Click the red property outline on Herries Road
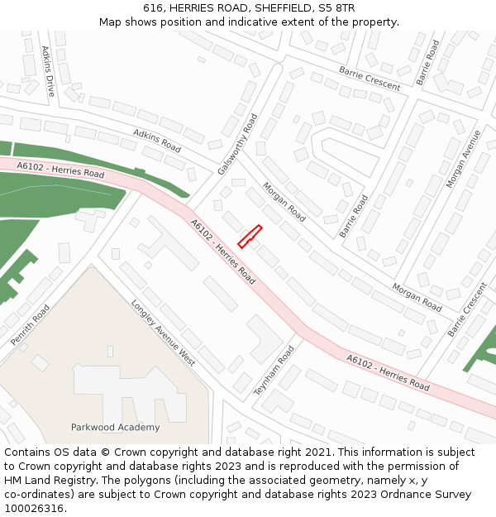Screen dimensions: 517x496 250,236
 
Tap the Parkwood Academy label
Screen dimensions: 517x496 115,427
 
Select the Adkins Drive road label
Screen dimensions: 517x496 48,71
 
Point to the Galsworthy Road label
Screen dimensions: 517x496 238,144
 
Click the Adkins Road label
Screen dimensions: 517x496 157,141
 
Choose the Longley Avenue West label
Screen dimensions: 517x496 164,333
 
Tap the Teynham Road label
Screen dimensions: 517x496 274,370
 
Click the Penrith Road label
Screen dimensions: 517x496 31,324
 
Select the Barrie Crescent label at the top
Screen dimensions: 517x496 370,79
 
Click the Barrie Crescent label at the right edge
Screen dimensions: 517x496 468,309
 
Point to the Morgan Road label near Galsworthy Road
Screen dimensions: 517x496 284,202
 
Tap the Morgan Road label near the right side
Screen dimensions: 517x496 417,297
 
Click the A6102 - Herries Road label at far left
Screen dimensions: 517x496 60,170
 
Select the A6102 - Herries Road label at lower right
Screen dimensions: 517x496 388,372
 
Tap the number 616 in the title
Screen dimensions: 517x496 152,7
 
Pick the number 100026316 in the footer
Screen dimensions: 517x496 34,508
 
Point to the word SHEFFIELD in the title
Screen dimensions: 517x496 284,7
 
